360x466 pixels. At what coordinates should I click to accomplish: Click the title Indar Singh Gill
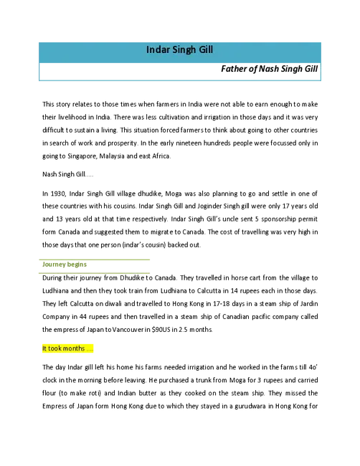pos(179,49)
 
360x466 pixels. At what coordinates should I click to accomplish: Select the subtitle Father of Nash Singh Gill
pos(270,69)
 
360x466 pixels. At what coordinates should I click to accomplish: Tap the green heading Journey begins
pos(65,265)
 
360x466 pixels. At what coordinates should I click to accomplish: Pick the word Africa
pos(161,156)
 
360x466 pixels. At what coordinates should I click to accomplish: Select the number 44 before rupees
pos(83,317)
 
